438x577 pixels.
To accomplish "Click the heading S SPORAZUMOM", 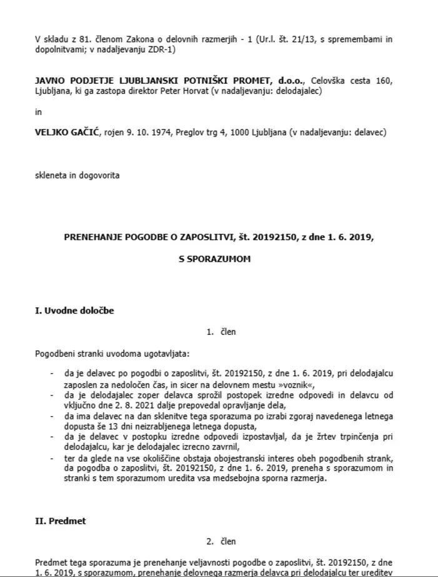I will point(219,260).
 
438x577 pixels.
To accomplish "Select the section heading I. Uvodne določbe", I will point(74,310).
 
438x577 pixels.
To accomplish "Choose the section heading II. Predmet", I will point(61,519).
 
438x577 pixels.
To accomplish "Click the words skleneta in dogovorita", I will point(77,176).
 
